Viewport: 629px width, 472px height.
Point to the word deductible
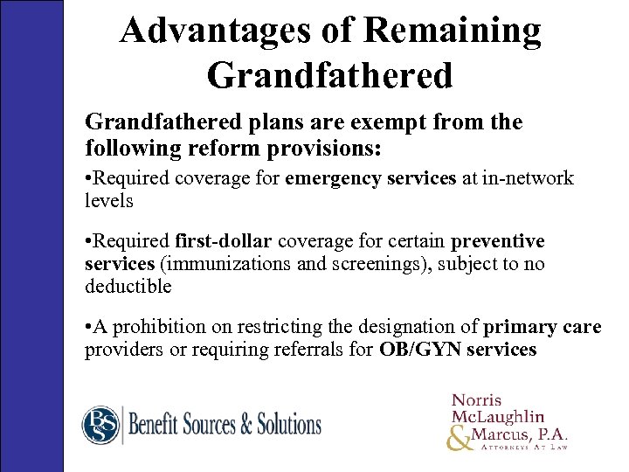tap(128, 285)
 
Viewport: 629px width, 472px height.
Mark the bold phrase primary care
tap(542, 328)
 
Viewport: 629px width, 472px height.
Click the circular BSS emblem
tap(100, 425)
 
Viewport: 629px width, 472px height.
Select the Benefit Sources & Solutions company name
tap(225, 426)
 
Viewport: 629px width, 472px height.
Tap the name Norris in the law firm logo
tap(478, 401)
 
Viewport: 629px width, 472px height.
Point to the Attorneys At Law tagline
tap(520, 447)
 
